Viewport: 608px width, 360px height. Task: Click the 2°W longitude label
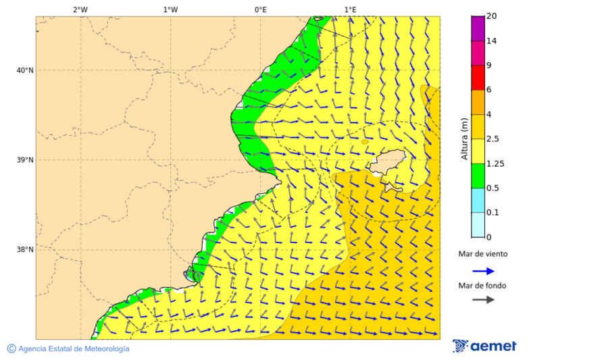coord(80,9)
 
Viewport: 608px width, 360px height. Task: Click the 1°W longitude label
coord(170,9)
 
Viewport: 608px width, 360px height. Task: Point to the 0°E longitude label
coord(260,9)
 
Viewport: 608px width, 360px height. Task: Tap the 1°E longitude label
coord(350,9)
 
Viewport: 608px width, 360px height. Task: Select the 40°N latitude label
coord(25,70)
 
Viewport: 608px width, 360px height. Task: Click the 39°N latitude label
coord(25,160)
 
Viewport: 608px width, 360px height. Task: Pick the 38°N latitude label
coord(25,250)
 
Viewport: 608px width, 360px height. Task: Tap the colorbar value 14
coord(492,41)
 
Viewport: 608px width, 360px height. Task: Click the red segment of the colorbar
coord(478,78)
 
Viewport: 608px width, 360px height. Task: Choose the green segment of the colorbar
coord(478,176)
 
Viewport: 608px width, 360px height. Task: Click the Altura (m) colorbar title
coord(464,138)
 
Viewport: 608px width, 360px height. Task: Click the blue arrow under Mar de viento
coord(483,270)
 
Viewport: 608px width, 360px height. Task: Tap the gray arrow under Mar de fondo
coord(483,300)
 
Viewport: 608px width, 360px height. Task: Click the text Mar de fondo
coord(482,286)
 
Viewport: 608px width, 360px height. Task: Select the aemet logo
coord(484,346)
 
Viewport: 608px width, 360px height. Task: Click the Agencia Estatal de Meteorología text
coord(73,349)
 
